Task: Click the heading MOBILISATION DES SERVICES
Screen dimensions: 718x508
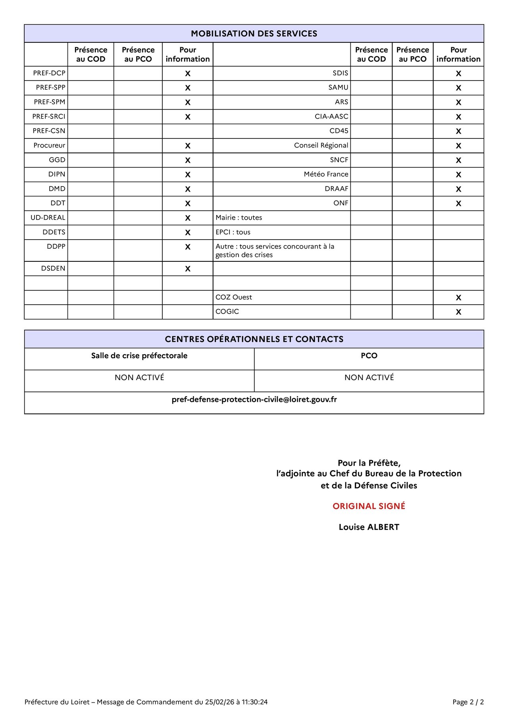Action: point(254,34)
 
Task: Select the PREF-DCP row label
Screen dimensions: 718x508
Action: point(49,73)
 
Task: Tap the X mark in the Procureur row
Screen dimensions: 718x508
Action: point(188,146)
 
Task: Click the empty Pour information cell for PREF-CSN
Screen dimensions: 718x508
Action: point(188,131)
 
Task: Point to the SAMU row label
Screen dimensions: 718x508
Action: point(338,87)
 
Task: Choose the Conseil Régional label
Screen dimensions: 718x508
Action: point(321,145)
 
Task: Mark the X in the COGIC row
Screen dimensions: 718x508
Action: point(458,312)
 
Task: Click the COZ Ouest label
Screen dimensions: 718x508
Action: point(234,297)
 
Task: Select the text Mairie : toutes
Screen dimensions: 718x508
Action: point(239,217)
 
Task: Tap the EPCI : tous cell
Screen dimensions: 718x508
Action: point(233,232)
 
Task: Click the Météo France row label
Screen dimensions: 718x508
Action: point(326,174)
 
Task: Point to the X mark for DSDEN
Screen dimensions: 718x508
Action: point(188,269)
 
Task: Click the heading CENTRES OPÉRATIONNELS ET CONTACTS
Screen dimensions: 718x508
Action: point(254,339)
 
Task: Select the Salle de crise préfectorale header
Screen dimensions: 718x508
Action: point(139,355)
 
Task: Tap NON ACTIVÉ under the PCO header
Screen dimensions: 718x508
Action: point(369,377)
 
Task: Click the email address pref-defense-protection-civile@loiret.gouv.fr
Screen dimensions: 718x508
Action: point(254,399)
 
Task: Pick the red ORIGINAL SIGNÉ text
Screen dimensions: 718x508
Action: point(369,506)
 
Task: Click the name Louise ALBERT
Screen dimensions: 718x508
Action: point(369,527)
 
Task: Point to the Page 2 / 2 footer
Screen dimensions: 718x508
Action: point(468,702)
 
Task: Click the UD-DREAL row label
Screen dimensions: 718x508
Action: point(48,217)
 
